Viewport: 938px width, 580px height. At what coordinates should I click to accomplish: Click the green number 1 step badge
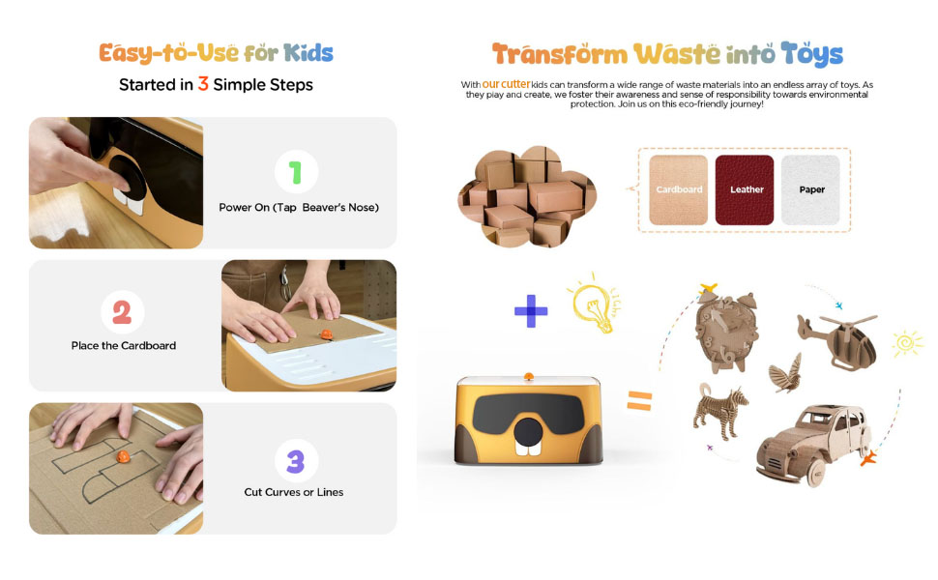pyautogui.click(x=296, y=172)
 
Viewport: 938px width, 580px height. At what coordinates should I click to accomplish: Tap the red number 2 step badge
pyautogui.click(x=122, y=312)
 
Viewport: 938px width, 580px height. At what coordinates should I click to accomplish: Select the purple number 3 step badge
pyautogui.click(x=296, y=461)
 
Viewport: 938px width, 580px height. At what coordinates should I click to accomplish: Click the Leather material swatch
pyautogui.click(x=745, y=189)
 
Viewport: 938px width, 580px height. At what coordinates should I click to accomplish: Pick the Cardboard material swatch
pyautogui.click(x=679, y=189)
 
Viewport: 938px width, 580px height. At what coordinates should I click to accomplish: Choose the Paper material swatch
pyautogui.click(x=810, y=189)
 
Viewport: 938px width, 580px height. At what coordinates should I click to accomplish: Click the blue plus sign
pyautogui.click(x=531, y=311)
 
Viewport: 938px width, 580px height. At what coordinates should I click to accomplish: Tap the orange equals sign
pyautogui.click(x=639, y=400)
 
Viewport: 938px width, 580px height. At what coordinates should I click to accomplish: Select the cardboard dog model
pyautogui.click(x=719, y=410)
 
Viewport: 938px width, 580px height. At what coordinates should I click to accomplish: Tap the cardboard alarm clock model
pyautogui.click(x=725, y=330)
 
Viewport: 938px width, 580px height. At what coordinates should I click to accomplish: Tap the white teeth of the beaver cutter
pyautogui.click(x=528, y=449)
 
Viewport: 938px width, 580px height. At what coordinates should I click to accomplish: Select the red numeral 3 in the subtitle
pyautogui.click(x=203, y=84)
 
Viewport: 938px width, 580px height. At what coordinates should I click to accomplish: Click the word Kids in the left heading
pyautogui.click(x=308, y=53)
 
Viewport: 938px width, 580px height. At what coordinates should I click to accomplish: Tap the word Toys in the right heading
pyautogui.click(x=811, y=54)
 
